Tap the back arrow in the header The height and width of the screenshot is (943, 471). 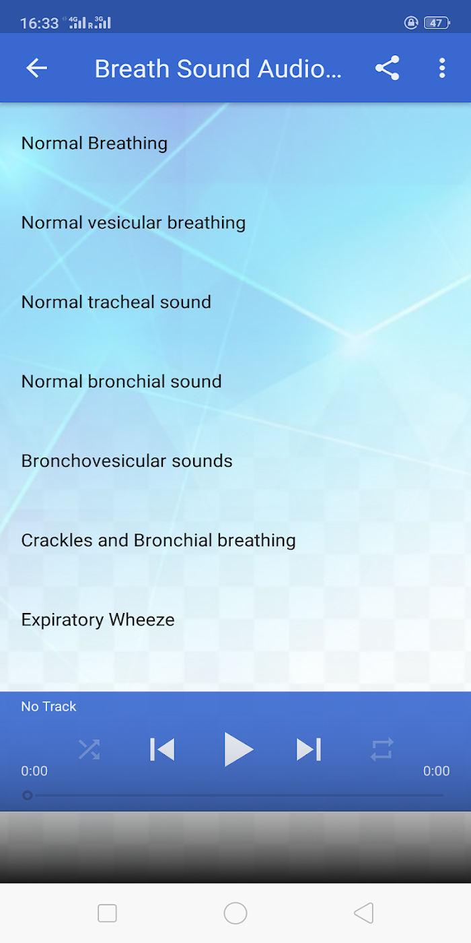[x=36, y=68]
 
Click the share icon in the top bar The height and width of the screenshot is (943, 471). [x=388, y=68]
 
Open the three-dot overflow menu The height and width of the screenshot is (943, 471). [x=442, y=68]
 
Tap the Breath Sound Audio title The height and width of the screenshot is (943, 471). [x=218, y=69]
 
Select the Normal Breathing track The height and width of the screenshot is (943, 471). [x=95, y=143]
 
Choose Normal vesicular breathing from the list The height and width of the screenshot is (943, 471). [x=133, y=223]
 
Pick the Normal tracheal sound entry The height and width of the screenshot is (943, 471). [x=116, y=302]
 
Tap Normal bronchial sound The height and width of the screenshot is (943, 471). [x=122, y=382]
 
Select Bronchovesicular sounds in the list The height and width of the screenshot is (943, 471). [x=127, y=461]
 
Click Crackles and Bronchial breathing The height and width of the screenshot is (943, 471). [x=159, y=540]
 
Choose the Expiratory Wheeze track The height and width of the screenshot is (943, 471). [x=98, y=620]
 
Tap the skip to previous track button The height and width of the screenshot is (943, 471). [x=162, y=749]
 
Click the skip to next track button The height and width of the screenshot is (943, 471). [x=309, y=749]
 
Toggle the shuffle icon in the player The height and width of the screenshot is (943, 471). [x=89, y=749]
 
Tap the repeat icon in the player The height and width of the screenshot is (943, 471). [x=382, y=749]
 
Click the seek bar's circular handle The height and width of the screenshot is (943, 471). [x=28, y=795]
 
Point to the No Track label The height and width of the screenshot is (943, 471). [x=48, y=707]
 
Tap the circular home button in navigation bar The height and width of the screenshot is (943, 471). [x=235, y=913]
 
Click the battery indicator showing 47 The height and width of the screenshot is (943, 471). [x=437, y=23]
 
